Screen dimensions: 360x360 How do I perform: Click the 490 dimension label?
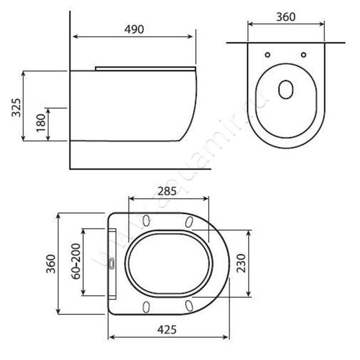(x=134, y=29)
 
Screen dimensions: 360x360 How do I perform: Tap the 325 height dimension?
(x=16, y=108)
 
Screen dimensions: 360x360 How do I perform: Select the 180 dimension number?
(x=41, y=123)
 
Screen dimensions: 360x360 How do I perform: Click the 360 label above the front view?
(x=286, y=17)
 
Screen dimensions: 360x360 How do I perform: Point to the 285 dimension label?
(x=167, y=191)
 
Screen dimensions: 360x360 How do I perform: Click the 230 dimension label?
(x=241, y=263)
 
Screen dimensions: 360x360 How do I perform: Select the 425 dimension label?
(x=167, y=330)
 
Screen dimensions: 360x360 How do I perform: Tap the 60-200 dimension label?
(x=76, y=261)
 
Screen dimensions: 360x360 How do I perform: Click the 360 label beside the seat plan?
(x=51, y=264)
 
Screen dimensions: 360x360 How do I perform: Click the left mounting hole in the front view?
(x=267, y=55)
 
